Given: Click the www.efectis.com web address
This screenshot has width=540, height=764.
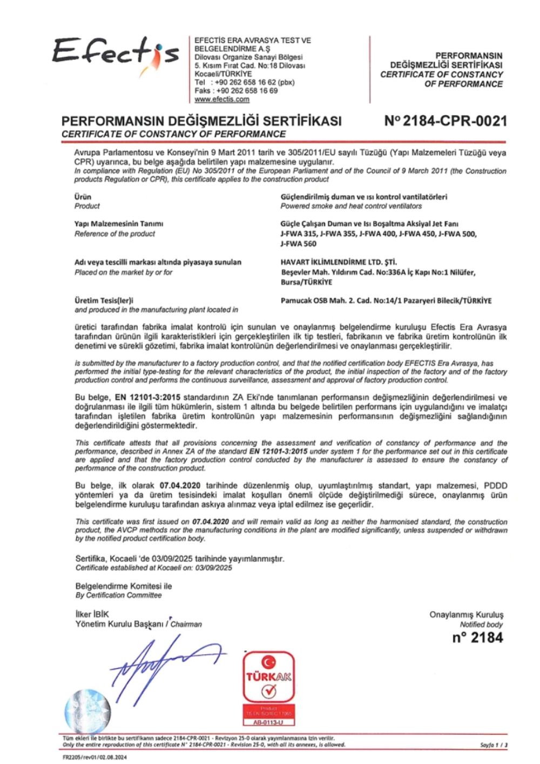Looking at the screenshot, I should click(x=222, y=99).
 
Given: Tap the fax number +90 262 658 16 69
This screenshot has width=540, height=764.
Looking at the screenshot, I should click(x=247, y=91).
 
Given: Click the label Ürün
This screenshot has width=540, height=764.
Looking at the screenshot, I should click(x=83, y=197).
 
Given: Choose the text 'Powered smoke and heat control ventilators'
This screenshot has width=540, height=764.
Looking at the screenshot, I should click(x=351, y=206).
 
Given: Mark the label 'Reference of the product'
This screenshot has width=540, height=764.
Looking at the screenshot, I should click(x=114, y=234).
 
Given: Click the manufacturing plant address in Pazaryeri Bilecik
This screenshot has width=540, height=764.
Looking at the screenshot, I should click(x=386, y=301).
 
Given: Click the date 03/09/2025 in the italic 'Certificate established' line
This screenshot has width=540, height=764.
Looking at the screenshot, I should click(x=214, y=568).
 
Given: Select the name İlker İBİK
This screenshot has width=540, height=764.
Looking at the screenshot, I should click(x=92, y=614).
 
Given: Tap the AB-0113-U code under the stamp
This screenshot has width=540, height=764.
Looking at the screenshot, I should click(x=268, y=722).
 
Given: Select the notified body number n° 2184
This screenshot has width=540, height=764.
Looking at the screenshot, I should click(x=477, y=638).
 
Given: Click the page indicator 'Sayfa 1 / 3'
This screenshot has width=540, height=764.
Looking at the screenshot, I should click(x=493, y=745).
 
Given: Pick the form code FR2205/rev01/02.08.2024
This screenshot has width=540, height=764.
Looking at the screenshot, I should click(x=94, y=757).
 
